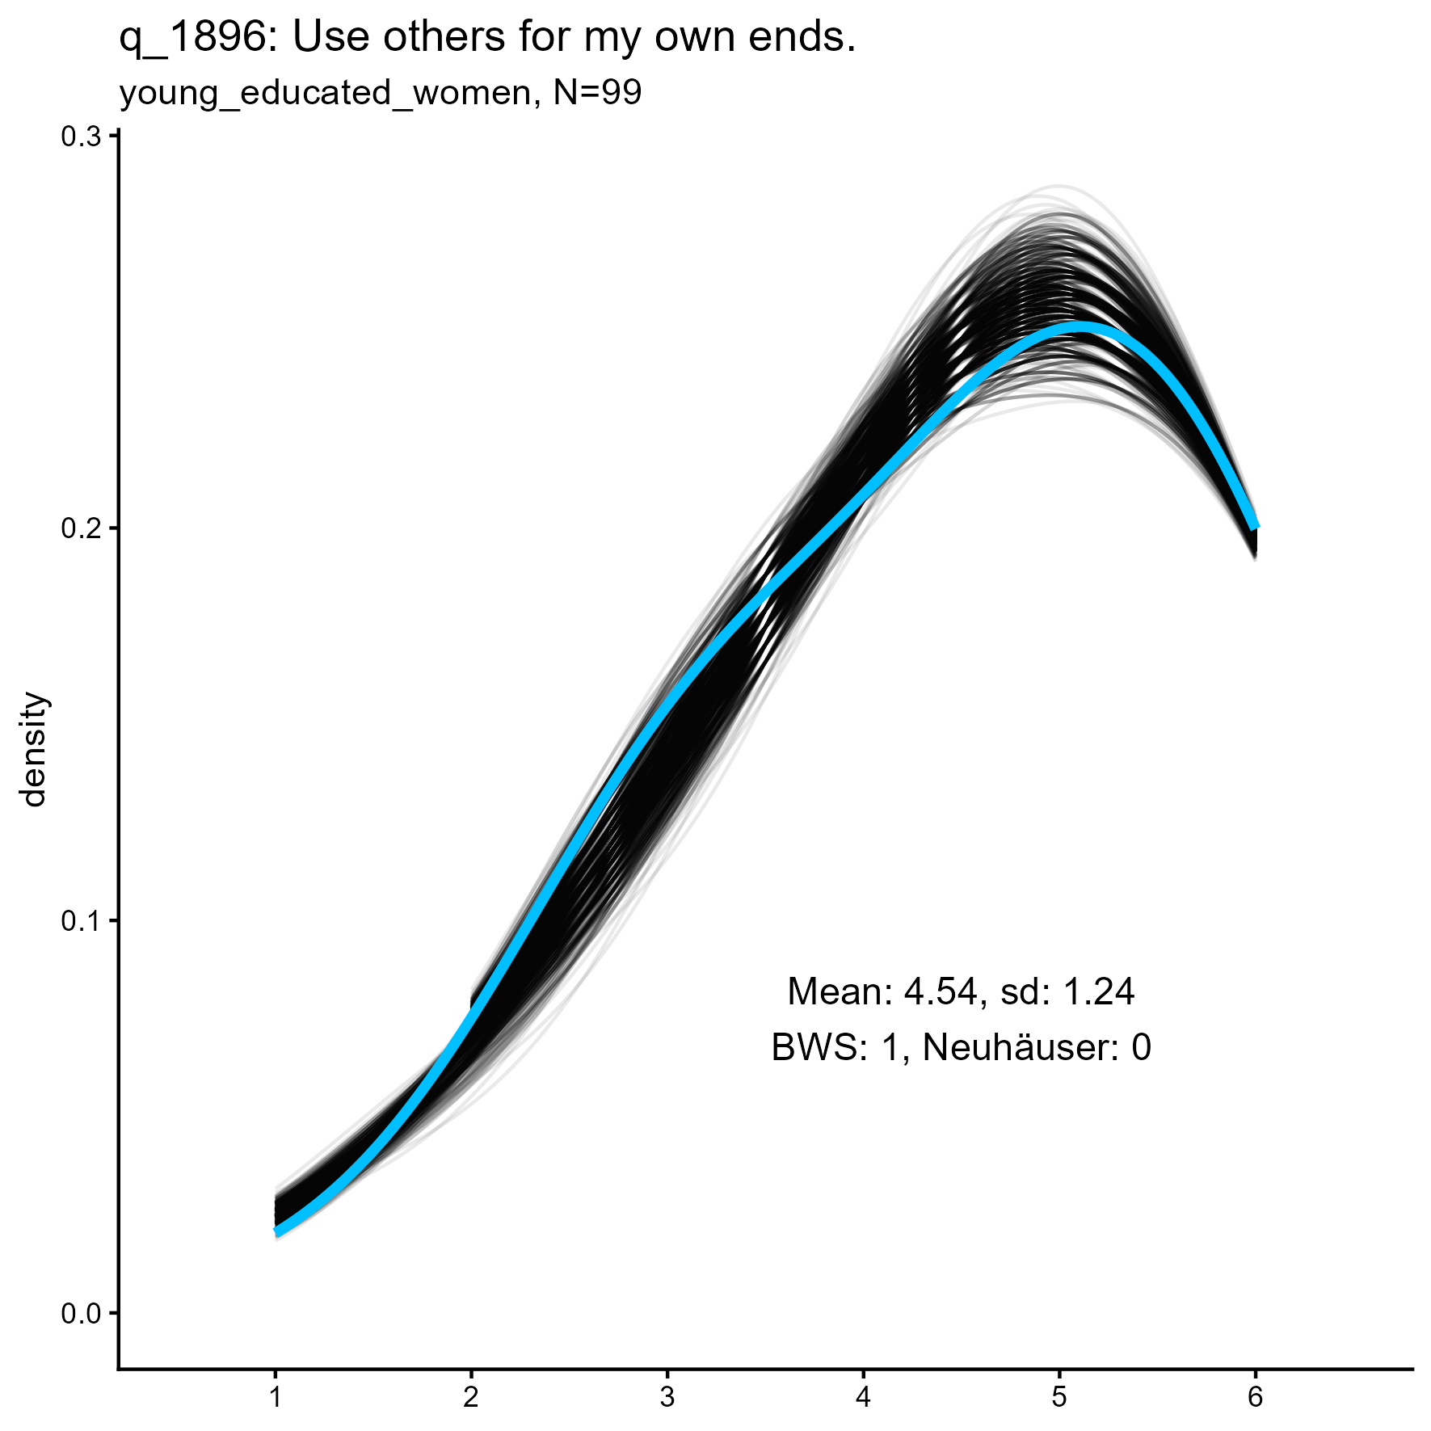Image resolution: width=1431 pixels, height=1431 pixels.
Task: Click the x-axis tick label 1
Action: (276, 1398)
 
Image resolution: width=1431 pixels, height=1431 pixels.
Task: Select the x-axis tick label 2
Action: (471, 1398)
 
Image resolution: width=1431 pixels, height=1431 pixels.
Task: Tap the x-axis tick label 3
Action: (667, 1398)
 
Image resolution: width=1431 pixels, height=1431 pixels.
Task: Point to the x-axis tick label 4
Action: (863, 1398)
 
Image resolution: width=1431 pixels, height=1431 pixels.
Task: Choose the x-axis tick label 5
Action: (1059, 1398)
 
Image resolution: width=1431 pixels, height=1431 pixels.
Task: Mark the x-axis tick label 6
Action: (1255, 1398)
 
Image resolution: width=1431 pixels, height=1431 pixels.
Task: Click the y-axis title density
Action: (35, 749)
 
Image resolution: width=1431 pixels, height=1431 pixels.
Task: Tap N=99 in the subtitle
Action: (598, 93)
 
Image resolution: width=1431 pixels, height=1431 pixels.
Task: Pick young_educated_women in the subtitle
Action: (326, 95)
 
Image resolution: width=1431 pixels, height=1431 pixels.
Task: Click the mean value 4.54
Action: (940, 992)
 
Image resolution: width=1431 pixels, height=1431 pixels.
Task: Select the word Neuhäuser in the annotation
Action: (1021, 1048)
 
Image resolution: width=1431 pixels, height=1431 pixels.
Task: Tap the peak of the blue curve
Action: (1079, 327)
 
